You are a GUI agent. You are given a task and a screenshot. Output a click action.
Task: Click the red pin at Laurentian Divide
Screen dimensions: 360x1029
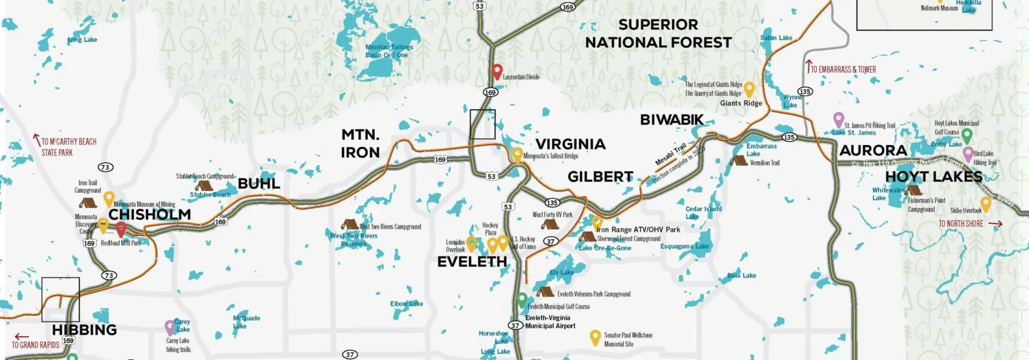tap(496, 71)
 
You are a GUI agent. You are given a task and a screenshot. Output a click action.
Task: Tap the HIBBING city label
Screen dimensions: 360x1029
tap(84, 330)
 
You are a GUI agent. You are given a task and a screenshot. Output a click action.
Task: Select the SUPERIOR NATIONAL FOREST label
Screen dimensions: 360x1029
tap(658, 33)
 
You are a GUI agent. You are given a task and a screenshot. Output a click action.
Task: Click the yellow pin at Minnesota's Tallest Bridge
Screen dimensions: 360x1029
tap(517, 154)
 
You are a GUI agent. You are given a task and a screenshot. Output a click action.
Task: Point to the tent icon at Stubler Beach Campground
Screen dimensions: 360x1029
tap(204, 185)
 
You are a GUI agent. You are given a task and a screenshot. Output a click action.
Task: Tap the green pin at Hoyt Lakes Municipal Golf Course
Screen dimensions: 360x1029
tap(967, 135)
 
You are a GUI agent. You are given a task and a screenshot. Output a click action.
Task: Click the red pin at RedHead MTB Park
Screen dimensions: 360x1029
tap(121, 229)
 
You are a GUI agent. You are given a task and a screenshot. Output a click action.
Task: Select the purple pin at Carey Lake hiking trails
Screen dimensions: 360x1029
tap(170, 327)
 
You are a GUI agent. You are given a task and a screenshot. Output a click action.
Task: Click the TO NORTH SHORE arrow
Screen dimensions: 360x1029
tap(995, 224)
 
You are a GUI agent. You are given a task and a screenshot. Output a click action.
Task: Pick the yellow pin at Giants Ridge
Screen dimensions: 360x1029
tap(750, 89)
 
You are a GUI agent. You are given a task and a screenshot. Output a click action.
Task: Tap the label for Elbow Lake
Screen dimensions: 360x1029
tap(406, 304)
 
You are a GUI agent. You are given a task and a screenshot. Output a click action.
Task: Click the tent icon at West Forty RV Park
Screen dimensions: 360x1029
tap(549, 224)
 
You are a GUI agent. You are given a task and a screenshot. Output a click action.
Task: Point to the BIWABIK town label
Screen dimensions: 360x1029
tap(671, 120)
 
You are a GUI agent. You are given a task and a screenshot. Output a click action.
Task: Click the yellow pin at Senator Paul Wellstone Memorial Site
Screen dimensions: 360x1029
tap(595, 337)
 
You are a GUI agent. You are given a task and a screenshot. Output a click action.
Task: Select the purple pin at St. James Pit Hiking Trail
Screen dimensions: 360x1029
tap(839, 119)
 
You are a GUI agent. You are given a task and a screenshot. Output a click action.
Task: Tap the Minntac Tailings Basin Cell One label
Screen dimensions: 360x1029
tap(389, 51)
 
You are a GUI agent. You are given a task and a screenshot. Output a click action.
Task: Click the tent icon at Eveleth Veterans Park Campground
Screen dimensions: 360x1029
tap(545, 292)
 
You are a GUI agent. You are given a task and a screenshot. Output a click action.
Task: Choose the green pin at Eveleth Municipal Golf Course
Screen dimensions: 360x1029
tap(522, 299)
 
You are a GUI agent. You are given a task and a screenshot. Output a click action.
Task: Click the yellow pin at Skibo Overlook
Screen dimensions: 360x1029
tap(986, 204)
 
